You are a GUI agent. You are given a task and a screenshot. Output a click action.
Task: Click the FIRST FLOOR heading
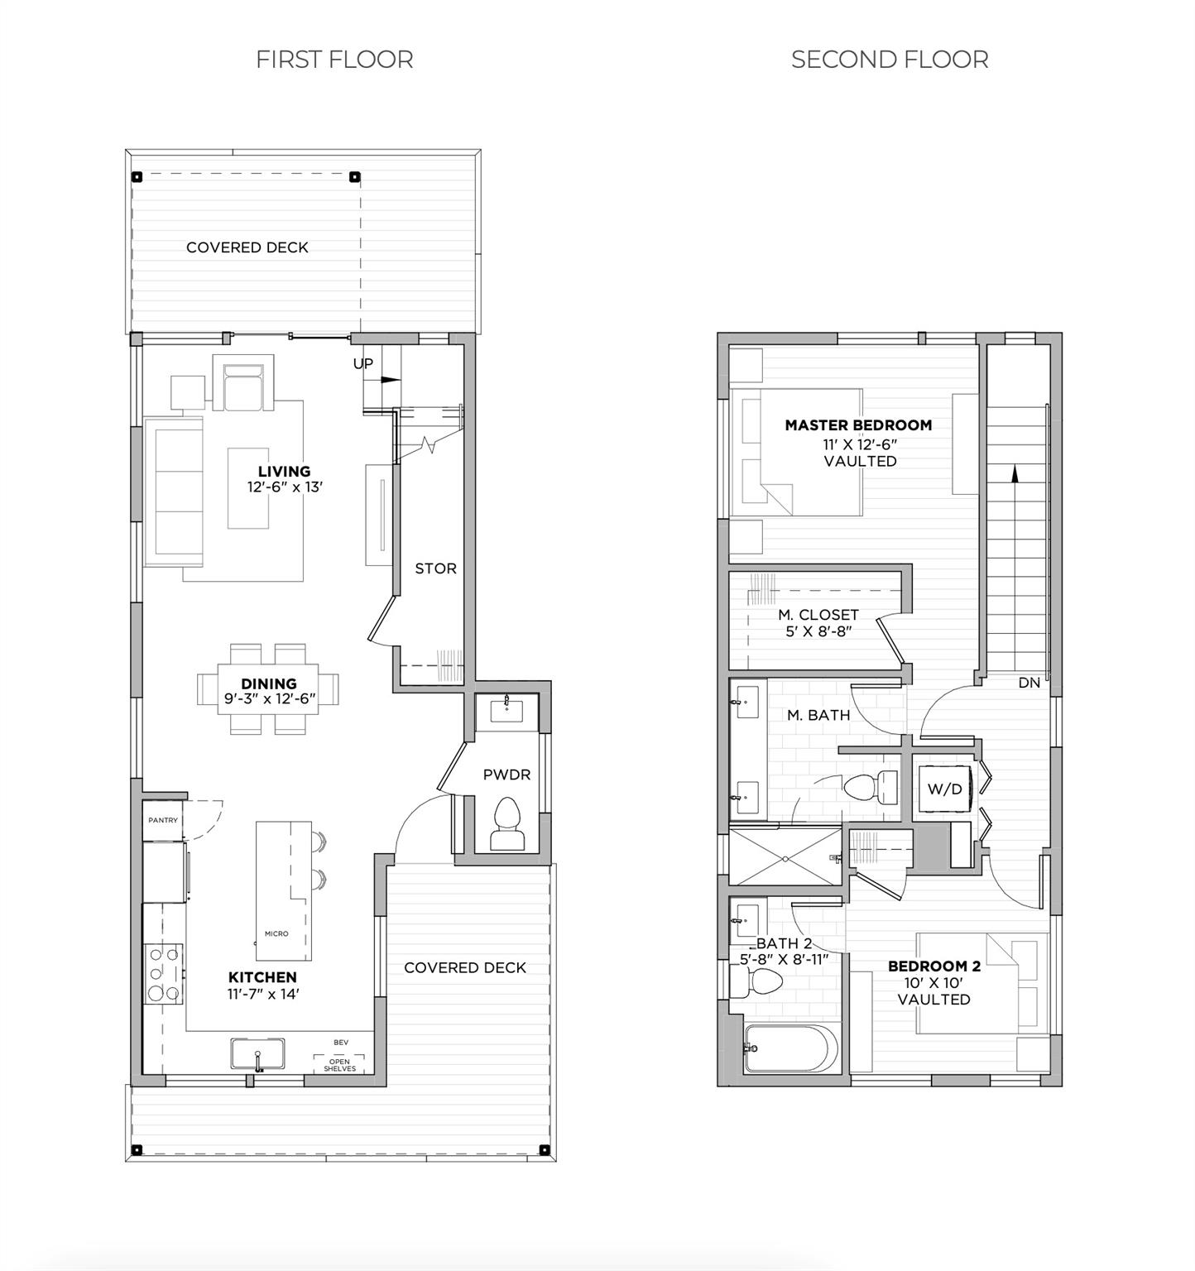click(334, 60)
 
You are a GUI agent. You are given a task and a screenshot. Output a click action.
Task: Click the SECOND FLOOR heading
click(890, 60)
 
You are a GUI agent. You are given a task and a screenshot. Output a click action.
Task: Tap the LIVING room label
click(284, 472)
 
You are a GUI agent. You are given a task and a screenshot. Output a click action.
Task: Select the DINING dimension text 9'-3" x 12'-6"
click(269, 698)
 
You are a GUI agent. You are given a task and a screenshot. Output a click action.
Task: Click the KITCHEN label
click(262, 977)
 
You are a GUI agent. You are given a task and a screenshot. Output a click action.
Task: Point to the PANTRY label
click(163, 820)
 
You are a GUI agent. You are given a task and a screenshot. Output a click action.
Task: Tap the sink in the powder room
click(506, 708)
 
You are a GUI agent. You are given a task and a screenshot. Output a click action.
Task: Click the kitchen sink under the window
click(257, 1055)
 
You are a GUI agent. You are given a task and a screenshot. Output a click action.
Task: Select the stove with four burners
click(163, 973)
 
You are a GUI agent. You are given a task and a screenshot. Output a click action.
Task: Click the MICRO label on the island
click(276, 933)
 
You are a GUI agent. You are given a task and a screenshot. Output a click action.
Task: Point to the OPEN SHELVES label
click(339, 1065)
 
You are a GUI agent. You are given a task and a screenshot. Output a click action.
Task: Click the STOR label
click(435, 568)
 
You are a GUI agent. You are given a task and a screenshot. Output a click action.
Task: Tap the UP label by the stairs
click(363, 363)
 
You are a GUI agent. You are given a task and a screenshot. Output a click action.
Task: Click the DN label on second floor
click(1029, 683)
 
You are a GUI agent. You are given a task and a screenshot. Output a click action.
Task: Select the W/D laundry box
click(945, 789)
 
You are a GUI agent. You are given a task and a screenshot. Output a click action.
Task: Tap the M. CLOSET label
click(818, 615)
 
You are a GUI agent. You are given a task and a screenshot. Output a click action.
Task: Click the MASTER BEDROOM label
click(858, 425)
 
